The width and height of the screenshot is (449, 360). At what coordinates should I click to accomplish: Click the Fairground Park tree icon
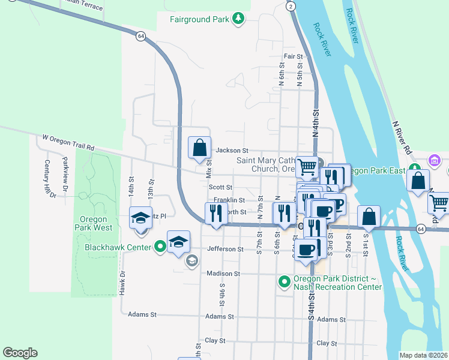(239, 19)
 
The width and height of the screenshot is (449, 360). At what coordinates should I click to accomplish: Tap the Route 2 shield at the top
(291, 6)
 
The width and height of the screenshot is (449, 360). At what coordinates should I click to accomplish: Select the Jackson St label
(232, 151)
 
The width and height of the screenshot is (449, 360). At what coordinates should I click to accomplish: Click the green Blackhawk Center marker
(160, 246)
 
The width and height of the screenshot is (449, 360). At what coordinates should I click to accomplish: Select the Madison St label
(223, 274)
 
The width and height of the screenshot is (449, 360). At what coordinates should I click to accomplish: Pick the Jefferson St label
(225, 249)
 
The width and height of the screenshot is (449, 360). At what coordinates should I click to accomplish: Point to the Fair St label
(293, 56)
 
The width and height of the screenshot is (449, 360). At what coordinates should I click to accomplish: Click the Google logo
(20, 353)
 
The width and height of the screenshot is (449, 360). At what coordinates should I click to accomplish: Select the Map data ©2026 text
(424, 355)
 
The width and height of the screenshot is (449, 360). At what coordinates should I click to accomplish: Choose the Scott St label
(220, 187)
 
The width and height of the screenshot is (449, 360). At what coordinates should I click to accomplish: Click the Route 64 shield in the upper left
(140, 36)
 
